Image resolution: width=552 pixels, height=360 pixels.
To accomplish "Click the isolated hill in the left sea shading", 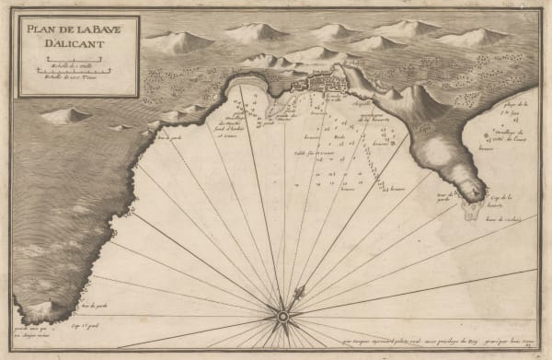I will coord(66,116).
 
